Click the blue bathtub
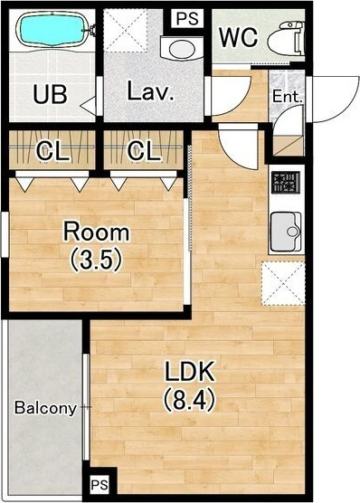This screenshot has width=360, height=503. [x=52, y=30]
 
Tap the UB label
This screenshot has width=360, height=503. [x=51, y=95]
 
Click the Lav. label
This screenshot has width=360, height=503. [x=150, y=90]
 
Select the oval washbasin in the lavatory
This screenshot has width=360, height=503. [x=182, y=49]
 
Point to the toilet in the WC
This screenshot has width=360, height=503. [x=286, y=38]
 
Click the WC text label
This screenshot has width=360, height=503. [x=239, y=37]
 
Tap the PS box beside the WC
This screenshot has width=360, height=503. [x=187, y=18]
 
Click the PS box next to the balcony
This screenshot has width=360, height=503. [x=99, y=484]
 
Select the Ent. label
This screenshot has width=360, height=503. [x=288, y=97]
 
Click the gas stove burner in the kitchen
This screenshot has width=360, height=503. [x=286, y=183]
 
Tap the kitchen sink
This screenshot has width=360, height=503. [x=286, y=232]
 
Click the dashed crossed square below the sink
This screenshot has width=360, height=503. [x=283, y=283]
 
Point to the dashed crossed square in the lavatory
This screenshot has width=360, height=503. [x=126, y=31]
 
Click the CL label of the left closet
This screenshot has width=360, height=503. [x=52, y=151]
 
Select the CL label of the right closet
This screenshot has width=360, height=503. [x=144, y=150]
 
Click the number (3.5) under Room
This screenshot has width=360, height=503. [x=97, y=261]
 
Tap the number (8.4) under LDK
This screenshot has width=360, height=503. [x=189, y=399]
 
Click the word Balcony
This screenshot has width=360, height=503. [x=45, y=408]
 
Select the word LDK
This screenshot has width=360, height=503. [x=189, y=371]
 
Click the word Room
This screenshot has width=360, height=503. [x=97, y=232]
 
